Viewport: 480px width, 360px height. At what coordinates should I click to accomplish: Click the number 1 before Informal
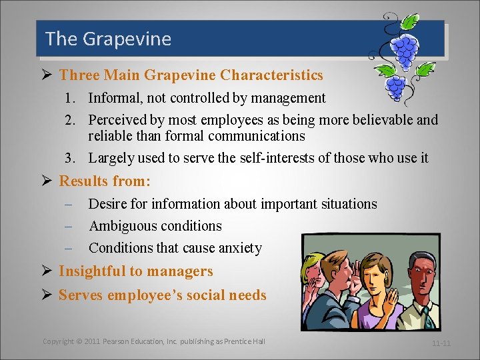[69, 99]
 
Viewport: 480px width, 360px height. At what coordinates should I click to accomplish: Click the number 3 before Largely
[69, 158]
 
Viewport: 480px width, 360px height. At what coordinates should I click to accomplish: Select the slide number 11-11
[441, 343]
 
